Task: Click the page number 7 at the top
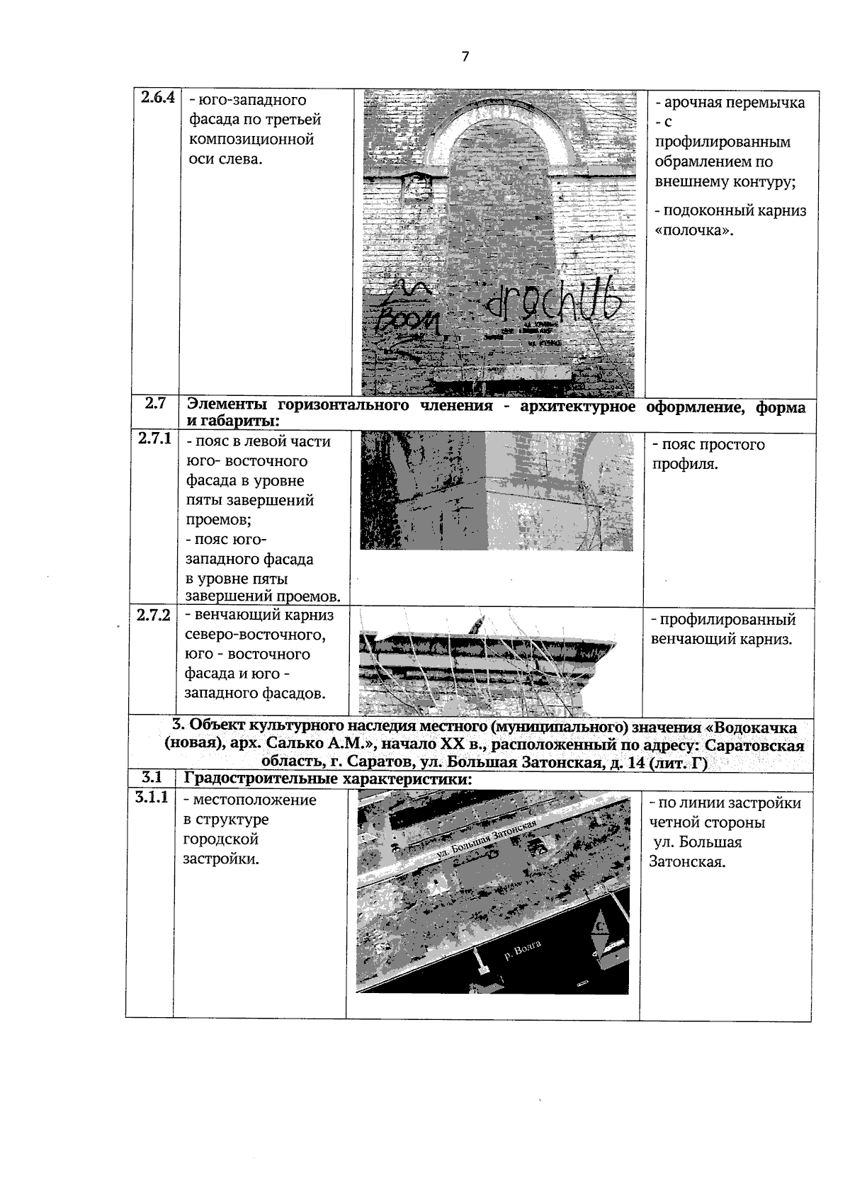click(x=465, y=57)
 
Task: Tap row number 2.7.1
click(x=155, y=439)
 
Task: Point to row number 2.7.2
click(x=154, y=615)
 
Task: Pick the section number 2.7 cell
click(x=155, y=404)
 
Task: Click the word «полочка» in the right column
click(x=693, y=231)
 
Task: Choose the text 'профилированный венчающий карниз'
click(x=722, y=629)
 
